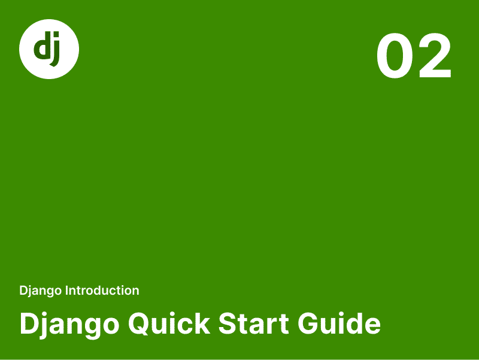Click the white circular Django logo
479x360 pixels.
[49, 49]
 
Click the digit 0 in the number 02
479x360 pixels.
[395, 56]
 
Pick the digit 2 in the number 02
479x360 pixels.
[434, 56]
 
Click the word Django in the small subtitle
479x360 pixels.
[40, 291]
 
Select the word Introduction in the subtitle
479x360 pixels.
[102, 291]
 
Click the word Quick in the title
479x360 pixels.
[169, 323]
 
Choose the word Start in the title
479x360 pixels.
[253, 323]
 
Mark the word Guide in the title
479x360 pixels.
[339, 323]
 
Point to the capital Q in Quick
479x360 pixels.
[140, 324]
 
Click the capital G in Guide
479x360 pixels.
[309, 323]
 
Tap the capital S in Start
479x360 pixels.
[229, 323]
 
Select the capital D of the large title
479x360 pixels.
[30, 323]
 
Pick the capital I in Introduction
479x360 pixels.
[66, 291]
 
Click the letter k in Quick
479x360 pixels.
[202, 323]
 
